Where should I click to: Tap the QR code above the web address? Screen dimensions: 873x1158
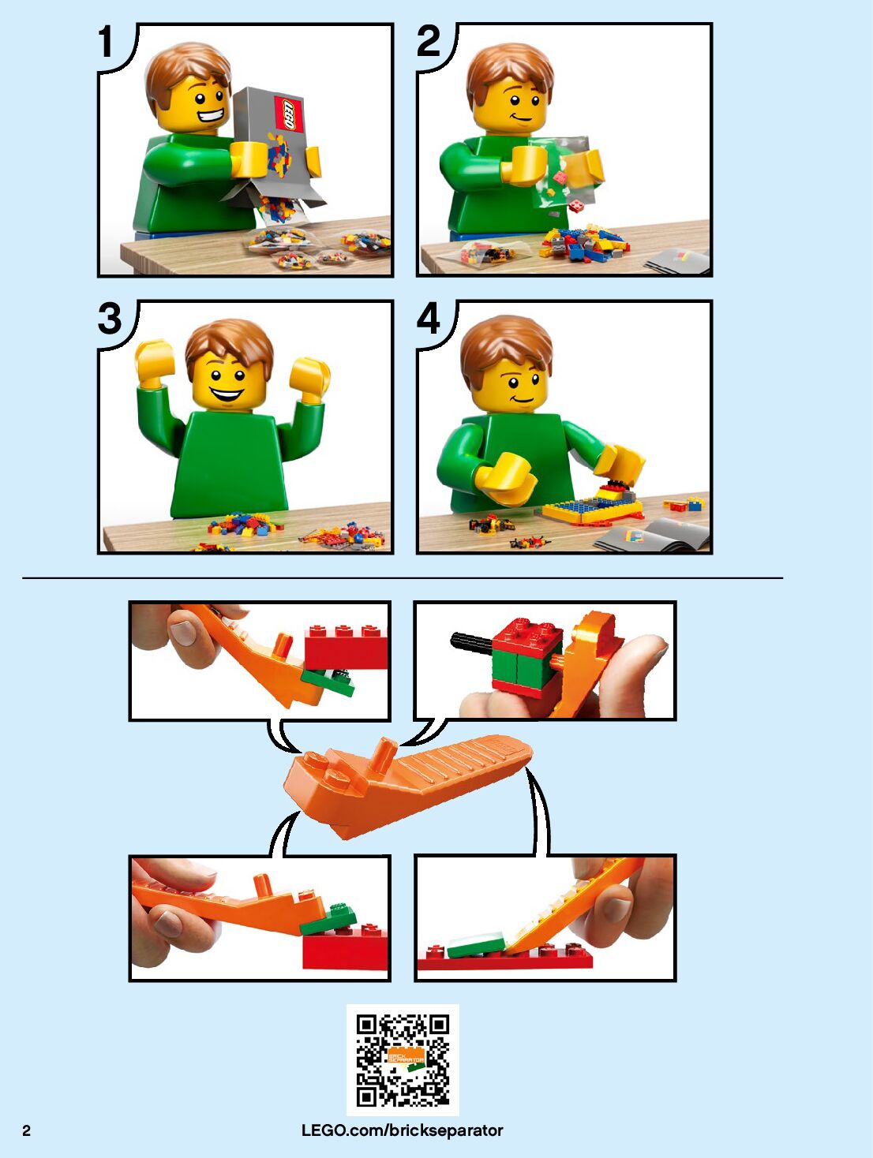click(x=403, y=1060)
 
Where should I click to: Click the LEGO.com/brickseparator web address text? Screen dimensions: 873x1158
click(x=403, y=1130)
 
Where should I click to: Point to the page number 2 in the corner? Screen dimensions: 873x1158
click(x=26, y=1130)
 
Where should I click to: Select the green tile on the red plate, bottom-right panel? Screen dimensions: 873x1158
click(x=475, y=947)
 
